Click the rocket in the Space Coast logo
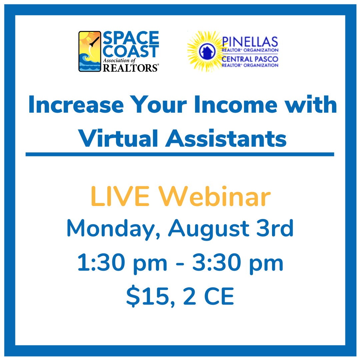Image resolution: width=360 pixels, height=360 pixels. pyautogui.click(x=94, y=42)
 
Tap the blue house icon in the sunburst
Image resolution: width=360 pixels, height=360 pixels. pyautogui.click(x=207, y=52)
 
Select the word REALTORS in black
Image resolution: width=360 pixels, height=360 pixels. pyautogui.click(x=130, y=68)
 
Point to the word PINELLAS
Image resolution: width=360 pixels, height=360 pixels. pyautogui.click(x=250, y=42)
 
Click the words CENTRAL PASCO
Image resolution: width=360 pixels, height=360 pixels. pyautogui.click(x=250, y=59)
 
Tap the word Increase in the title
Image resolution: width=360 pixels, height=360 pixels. pyautogui.click(x=76, y=104)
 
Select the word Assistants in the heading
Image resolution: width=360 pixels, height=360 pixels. pyautogui.click(x=226, y=138)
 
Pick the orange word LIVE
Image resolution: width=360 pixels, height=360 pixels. pyautogui.click(x=120, y=197)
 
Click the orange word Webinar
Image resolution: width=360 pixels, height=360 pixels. pyautogui.click(x=215, y=196)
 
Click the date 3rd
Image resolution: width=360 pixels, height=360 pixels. pyautogui.click(x=275, y=228)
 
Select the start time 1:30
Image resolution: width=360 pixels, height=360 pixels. pyautogui.click(x=101, y=262)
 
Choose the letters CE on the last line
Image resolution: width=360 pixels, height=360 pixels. pyautogui.click(x=219, y=296)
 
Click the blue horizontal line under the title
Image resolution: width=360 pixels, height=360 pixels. pyautogui.click(x=180, y=154)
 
